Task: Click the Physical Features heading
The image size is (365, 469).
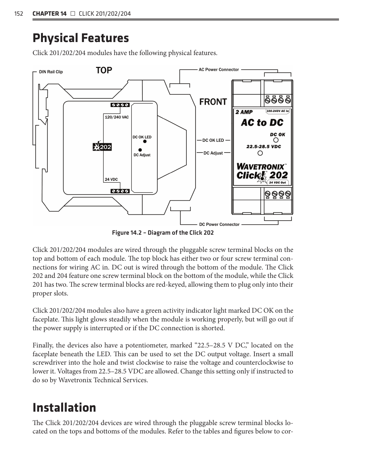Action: (81, 38)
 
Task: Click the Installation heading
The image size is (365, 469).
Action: (64, 407)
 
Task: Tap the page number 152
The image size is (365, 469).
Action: (19, 14)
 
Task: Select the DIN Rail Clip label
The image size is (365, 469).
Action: (51, 72)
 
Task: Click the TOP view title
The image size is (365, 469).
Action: (104, 70)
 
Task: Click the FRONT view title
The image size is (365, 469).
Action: (213, 102)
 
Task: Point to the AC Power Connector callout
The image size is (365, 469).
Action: (218, 70)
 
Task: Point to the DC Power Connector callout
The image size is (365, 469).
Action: (219, 224)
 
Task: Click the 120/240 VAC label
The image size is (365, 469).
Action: (117, 117)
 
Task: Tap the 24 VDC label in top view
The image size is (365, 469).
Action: (111, 179)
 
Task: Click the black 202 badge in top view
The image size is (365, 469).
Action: (102, 147)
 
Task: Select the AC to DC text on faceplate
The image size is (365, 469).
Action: (262, 123)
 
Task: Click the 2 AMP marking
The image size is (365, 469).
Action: (244, 112)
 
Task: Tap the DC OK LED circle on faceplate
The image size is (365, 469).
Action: (276, 140)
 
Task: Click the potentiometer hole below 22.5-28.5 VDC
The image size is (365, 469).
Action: (260, 153)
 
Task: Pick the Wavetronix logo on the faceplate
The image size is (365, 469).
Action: (261, 167)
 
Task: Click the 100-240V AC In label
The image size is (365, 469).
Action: (278, 111)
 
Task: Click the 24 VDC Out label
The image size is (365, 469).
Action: (278, 183)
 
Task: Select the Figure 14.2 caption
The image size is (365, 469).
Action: (163, 233)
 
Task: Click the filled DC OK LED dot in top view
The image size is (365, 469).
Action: (145, 141)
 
